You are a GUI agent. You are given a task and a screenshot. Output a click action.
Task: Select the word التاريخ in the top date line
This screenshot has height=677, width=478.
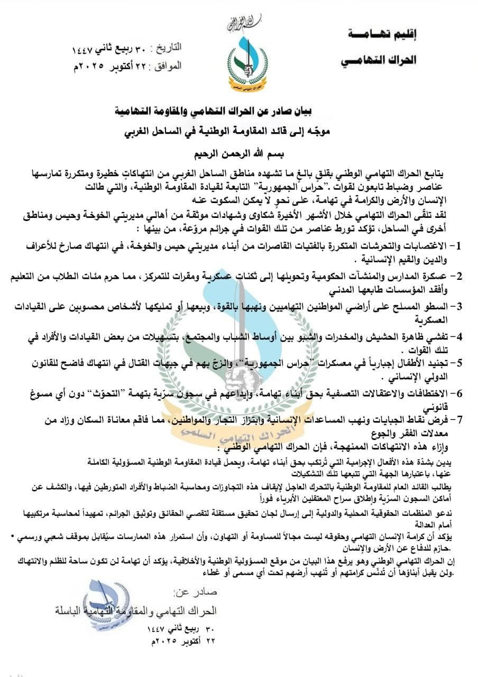tap(166, 48)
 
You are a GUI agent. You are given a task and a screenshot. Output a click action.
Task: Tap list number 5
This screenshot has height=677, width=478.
tap(459, 363)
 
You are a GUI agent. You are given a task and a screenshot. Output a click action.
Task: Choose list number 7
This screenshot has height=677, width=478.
tap(459, 419)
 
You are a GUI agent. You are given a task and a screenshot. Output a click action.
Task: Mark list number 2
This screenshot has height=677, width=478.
tap(459, 276)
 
